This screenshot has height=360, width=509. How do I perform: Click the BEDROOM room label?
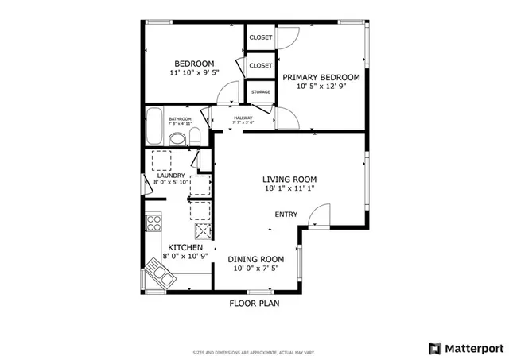pos(194,64)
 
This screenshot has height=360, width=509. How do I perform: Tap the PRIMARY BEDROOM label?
pos(321,77)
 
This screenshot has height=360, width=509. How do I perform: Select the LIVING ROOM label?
pos(290,179)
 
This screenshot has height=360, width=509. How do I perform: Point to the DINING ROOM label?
pos(256,259)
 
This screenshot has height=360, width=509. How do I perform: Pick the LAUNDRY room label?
pos(171,176)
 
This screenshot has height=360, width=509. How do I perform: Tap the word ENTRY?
pos(286,215)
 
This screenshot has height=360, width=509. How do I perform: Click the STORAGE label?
pos(260,92)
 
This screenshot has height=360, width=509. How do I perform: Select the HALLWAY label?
pos(243,118)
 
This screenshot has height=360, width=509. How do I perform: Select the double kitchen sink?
pos(158,275)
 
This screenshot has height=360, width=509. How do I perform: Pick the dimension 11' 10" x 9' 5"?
pos(194,73)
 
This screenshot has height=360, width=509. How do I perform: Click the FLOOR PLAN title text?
pos(254,303)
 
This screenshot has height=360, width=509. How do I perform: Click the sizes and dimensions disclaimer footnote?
pos(254,352)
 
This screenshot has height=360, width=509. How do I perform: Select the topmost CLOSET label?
pos(260,37)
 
